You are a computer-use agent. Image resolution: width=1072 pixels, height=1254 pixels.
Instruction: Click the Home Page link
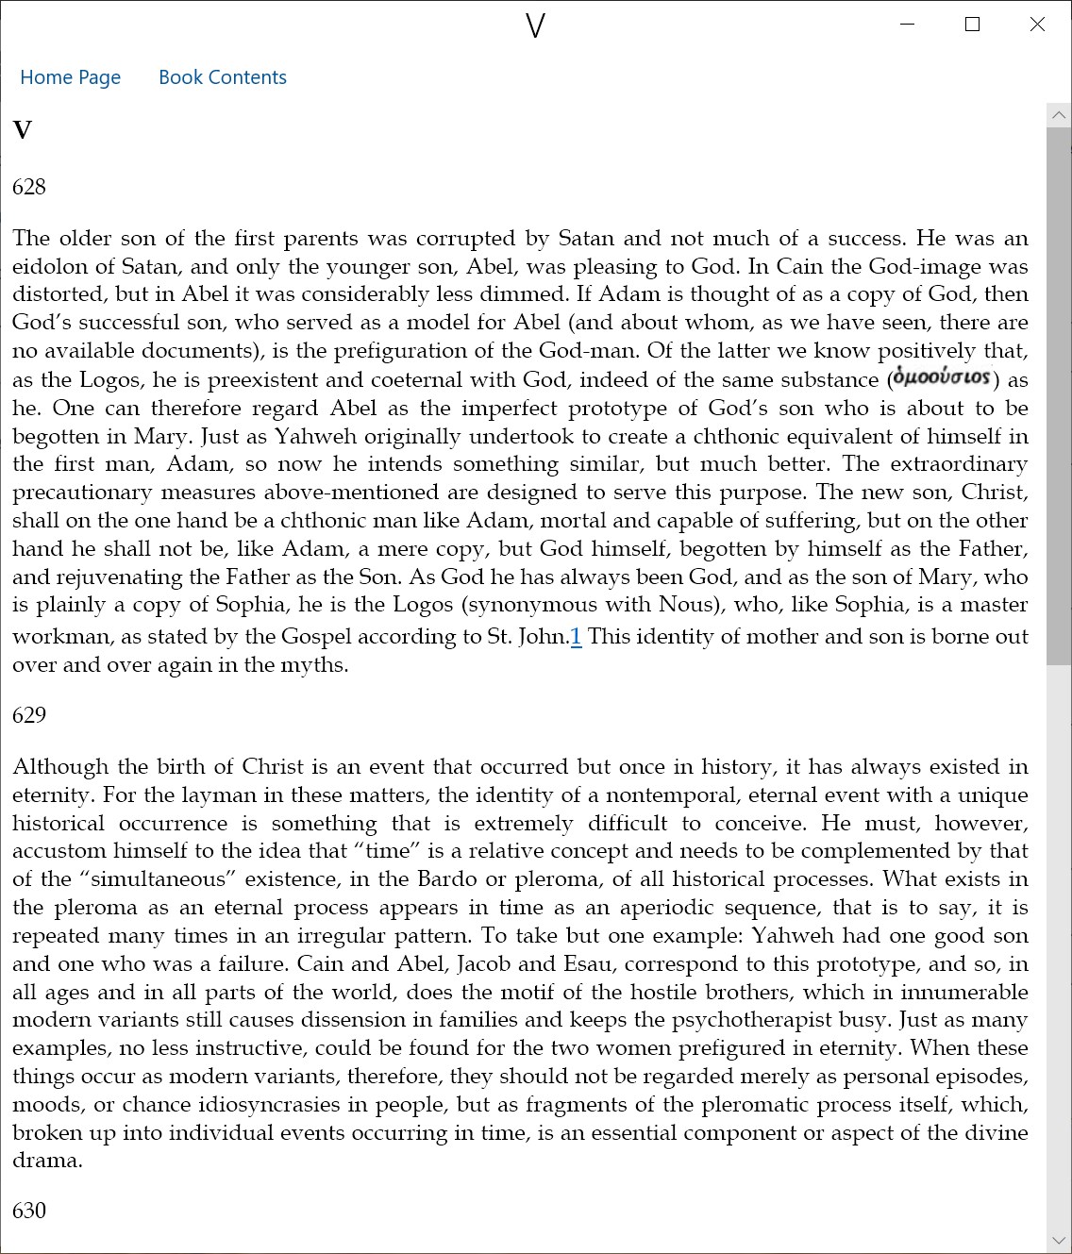tap(70, 77)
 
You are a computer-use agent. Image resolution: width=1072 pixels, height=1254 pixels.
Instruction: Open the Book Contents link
tap(222, 77)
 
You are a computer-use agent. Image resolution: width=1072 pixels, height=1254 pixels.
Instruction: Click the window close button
tap(1037, 25)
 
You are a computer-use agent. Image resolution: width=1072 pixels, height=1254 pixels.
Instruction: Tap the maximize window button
tap(972, 25)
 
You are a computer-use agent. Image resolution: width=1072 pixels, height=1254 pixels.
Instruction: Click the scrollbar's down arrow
tap(1059, 1240)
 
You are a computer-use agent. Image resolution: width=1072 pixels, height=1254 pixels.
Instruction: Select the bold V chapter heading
tap(23, 130)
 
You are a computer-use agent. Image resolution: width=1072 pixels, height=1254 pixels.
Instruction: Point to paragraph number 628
tap(29, 187)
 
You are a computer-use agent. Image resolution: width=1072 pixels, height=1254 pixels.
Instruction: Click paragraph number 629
tap(29, 715)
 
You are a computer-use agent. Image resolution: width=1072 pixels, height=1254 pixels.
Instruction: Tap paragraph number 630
tap(29, 1211)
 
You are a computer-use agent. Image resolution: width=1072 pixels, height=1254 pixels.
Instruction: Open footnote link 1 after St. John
tap(576, 637)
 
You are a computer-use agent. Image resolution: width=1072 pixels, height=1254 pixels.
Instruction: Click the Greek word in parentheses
tap(942, 377)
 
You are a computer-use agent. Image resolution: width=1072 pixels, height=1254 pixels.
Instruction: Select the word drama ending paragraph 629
tap(46, 1161)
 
